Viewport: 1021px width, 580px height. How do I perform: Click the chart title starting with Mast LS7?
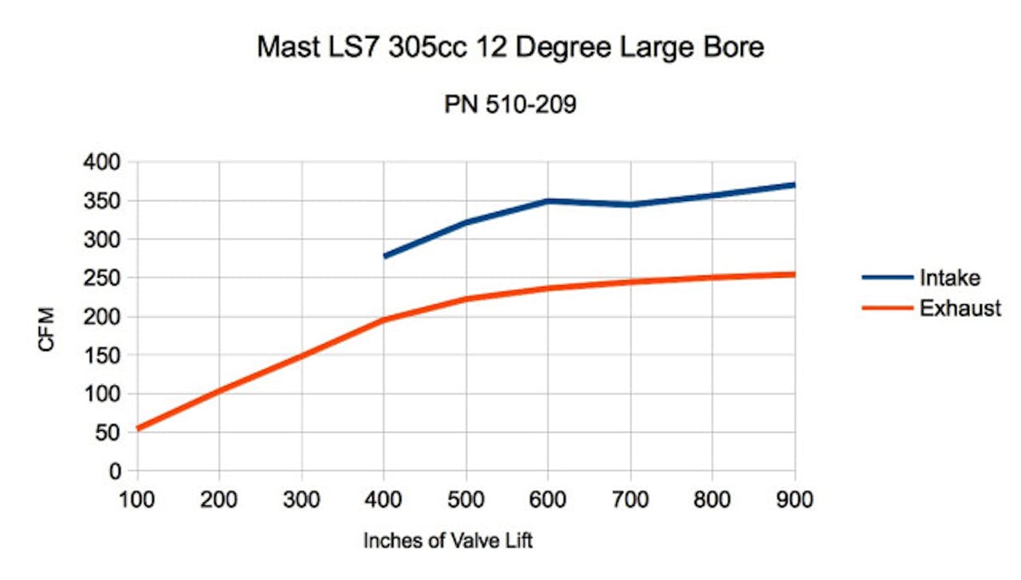click(x=510, y=48)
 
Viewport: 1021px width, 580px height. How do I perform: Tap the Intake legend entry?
click(x=948, y=277)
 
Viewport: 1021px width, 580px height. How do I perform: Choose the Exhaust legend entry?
click(x=960, y=308)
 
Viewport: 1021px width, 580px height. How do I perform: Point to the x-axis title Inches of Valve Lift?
click(x=448, y=541)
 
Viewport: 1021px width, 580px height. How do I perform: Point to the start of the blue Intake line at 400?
click(x=385, y=256)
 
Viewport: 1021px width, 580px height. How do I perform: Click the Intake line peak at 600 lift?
click(x=548, y=201)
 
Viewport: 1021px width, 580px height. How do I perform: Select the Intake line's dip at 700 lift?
click(x=630, y=204)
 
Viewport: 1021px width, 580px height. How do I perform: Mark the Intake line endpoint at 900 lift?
click(x=793, y=185)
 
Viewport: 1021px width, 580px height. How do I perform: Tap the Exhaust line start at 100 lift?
click(x=138, y=428)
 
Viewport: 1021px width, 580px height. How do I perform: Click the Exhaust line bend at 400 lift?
click(x=385, y=319)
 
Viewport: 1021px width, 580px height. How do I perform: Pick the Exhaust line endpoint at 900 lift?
click(x=793, y=274)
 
